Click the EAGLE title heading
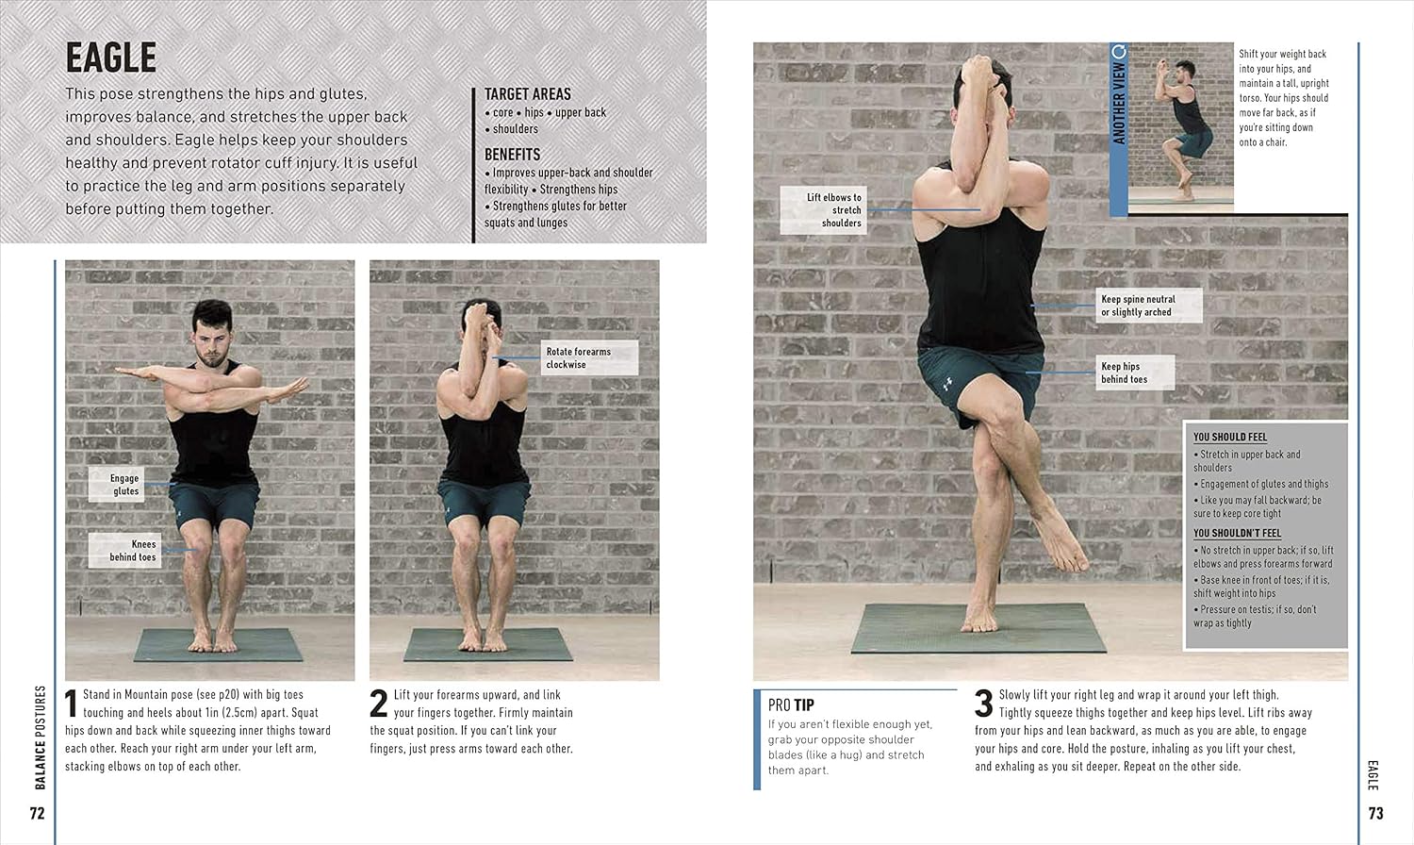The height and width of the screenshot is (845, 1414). click(111, 58)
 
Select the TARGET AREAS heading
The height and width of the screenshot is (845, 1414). click(527, 94)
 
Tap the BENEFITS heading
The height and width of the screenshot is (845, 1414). click(512, 155)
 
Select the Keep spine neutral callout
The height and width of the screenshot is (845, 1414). click(1149, 306)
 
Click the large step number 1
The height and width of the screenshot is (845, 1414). click(71, 704)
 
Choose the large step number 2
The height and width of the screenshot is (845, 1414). click(378, 704)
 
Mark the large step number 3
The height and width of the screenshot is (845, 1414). click(983, 704)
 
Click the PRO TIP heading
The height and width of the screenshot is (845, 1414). click(791, 704)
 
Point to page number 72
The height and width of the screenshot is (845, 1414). click(38, 814)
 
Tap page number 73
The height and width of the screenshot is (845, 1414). click(1376, 814)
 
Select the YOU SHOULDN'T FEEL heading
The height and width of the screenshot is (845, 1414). click(1237, 533)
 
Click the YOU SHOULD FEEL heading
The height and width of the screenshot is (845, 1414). click(1229, 437)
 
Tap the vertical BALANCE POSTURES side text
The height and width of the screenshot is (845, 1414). click(41, 737)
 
